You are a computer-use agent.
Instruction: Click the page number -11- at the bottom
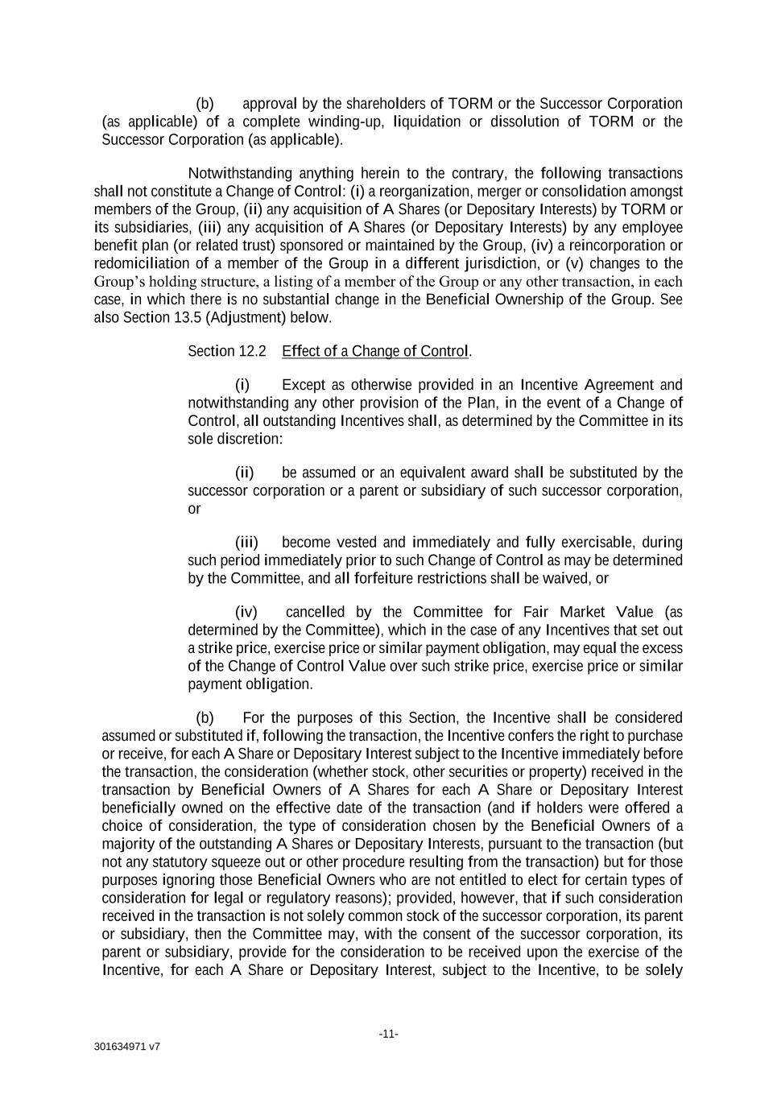click(x=388, y=1034)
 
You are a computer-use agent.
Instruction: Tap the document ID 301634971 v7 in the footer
click(x=126, y=1047)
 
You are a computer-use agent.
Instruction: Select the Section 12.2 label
click(x=226, y=351)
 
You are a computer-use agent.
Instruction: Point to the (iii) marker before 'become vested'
click(x=246, y=542)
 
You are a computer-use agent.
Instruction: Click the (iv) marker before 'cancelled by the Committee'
click(x=246, y=612)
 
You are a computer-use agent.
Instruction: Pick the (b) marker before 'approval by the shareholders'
click(x=205, y=104)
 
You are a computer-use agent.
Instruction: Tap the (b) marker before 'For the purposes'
click(x=205, y=717)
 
